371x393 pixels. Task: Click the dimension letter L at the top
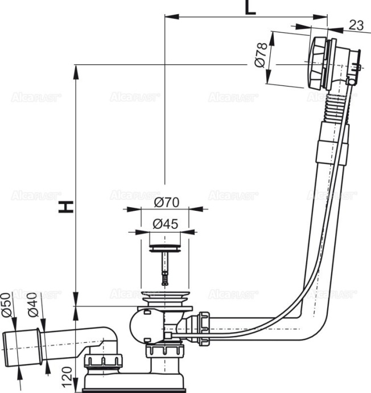pos(250,8)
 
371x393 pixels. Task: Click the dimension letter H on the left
pos(67,206)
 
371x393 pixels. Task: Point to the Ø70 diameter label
pos(166,202)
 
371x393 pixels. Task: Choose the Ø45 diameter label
pos(166,224)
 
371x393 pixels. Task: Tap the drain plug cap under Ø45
pos(166,248)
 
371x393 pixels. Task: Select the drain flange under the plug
pos(166,299)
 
